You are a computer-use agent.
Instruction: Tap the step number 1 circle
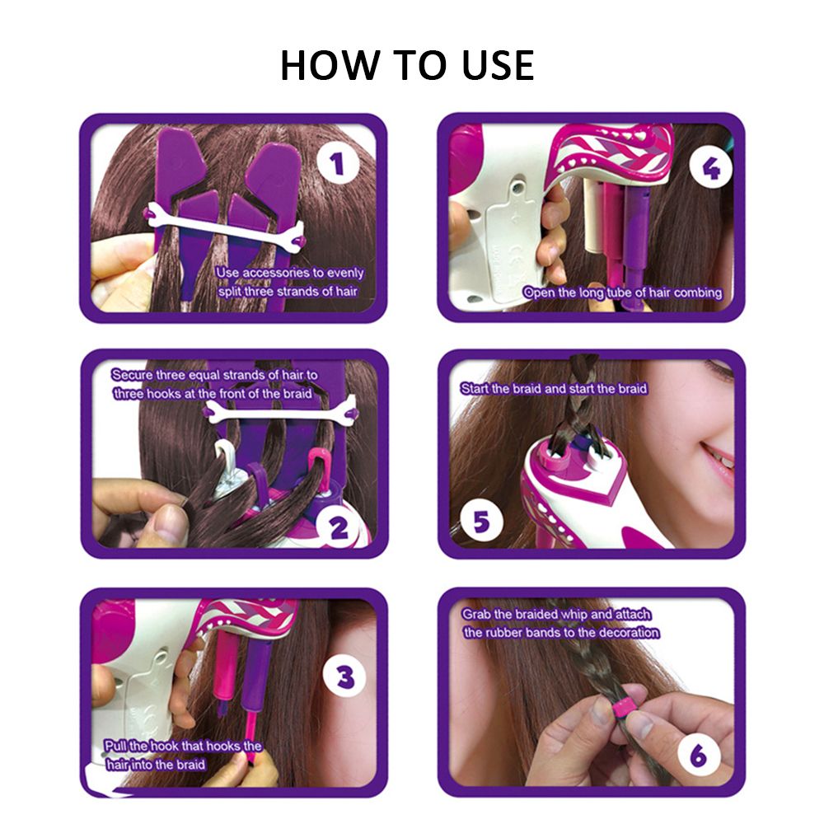pos(339,163)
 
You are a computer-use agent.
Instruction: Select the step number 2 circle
pos(339,527)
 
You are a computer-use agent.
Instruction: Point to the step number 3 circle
pos(345,677)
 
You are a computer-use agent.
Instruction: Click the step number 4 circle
pos(710,168)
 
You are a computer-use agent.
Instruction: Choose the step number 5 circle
pos(481,522)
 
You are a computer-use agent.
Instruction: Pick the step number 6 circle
pos(699,755)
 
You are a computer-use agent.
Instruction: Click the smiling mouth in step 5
pos(719,458)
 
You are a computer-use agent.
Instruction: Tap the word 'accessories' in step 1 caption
pos(275,273)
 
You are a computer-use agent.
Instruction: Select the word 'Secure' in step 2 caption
pos(131,375)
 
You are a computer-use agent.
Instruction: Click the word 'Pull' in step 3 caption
pos(115,746)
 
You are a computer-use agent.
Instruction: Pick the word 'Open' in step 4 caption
pos(538,293)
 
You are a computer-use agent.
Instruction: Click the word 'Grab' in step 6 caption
pos(476,615)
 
